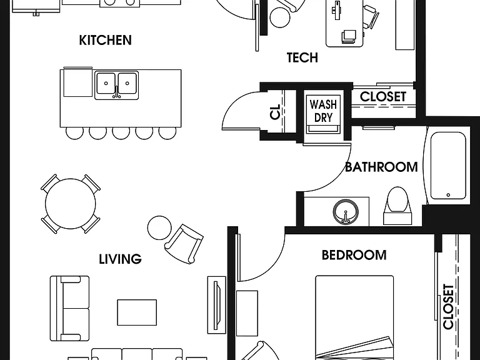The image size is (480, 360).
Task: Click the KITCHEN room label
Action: coord(105,40)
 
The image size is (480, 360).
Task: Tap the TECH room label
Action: coord(302,57)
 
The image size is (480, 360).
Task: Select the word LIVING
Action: coord(120,259)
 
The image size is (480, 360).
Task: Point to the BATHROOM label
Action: coord(381,167)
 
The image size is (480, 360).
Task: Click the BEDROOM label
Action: coord(354,255)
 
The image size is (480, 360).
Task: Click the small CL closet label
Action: coord(276,112)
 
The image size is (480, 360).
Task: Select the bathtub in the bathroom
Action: coord(448,166)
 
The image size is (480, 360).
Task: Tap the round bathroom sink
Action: coord(346,211)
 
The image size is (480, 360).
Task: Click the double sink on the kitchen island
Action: coord(116,86)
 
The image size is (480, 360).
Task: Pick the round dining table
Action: coord(71,204)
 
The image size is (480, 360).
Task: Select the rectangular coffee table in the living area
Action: coord(137,312)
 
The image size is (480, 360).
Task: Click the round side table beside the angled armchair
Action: coord(159,227)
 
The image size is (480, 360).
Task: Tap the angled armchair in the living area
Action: coord(184,244)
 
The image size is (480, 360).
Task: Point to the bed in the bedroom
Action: coord(354,317)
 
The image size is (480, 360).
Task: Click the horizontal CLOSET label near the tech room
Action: coord(383,97)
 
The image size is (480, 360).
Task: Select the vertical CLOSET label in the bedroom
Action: coord(449,307)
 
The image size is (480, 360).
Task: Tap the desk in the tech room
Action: coord(344,24)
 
